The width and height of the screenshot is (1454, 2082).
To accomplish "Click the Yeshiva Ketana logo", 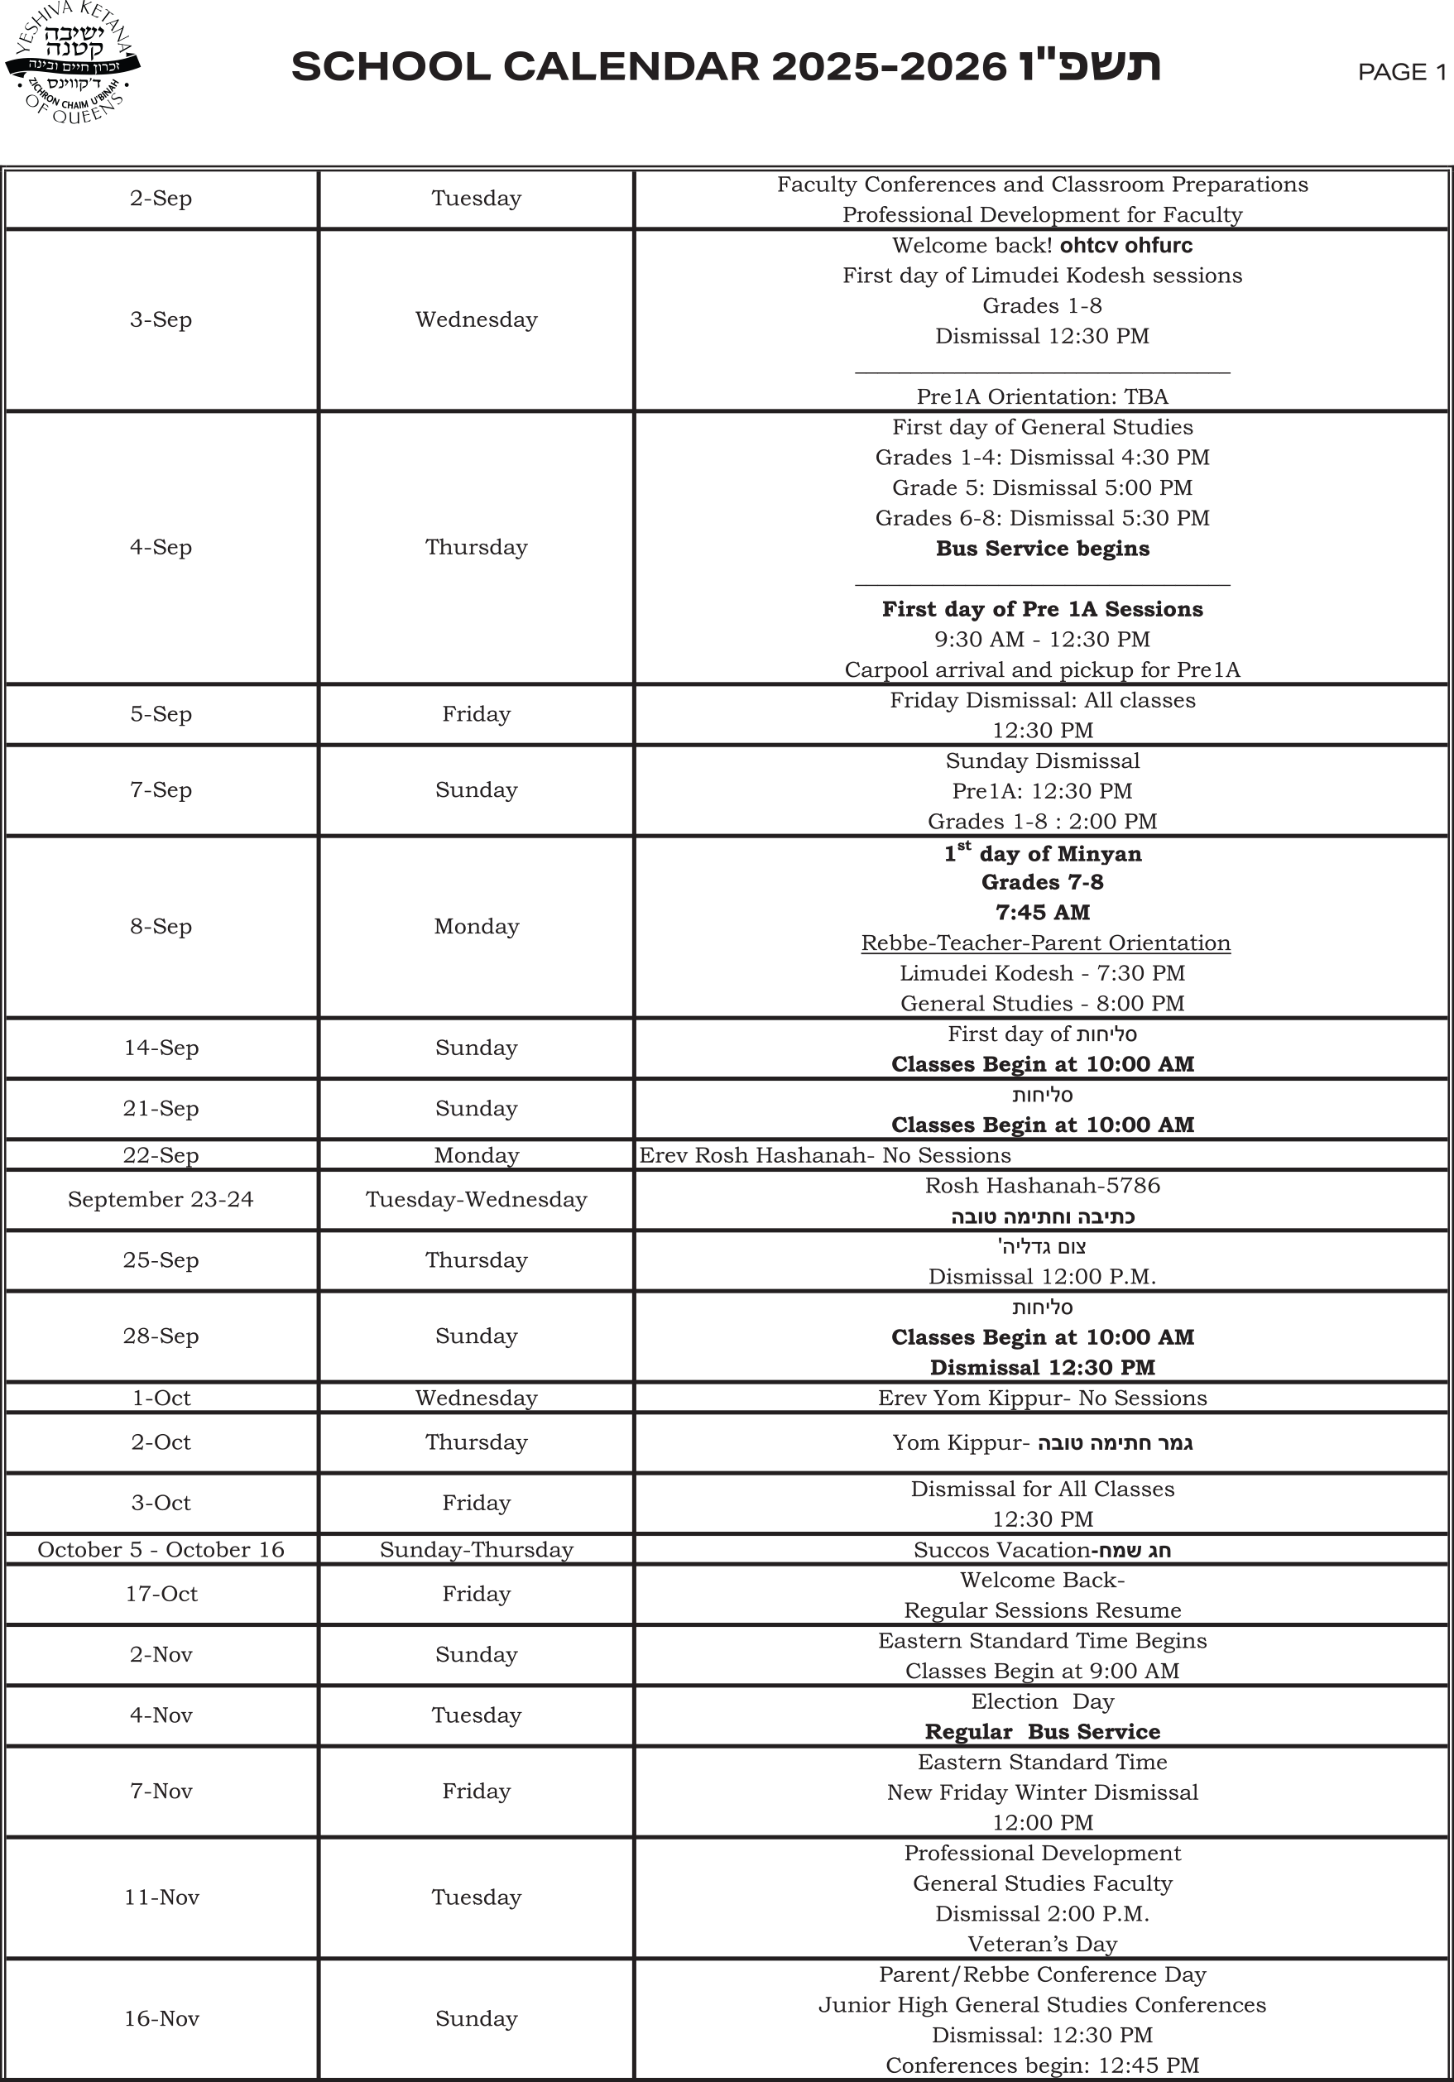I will point(73,64).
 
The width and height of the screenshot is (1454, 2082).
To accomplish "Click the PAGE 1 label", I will point(1401,73).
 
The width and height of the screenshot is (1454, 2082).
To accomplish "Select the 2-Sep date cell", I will point(161,199).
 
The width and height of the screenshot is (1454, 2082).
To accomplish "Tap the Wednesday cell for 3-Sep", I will point(476,320).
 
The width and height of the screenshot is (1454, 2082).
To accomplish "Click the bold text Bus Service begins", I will point(1042,549).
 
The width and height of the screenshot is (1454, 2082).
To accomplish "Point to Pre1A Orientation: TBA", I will point(1042,397).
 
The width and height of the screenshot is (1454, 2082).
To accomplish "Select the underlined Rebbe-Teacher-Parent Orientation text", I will point(1045,943).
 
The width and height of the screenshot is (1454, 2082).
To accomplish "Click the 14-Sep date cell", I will point(161,1048).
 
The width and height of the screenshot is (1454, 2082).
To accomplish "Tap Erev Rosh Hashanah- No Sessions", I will point(824,1155).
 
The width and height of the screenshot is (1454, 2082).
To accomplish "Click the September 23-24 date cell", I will point(161,1200).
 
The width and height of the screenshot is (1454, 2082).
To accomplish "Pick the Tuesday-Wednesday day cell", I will point(476,1200).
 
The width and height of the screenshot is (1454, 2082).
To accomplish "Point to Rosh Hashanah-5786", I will point(1042,1186).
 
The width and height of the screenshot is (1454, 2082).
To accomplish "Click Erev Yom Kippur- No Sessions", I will point(1042,1398).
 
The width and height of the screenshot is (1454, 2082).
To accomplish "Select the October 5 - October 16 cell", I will point(161,1550).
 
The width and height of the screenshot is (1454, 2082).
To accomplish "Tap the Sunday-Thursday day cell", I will point(476,1550).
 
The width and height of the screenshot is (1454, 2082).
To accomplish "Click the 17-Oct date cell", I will point(161,1594).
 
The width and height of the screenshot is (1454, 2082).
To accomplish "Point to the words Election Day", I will point(1042,1702).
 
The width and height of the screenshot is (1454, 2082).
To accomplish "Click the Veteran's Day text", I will point(1042,1944).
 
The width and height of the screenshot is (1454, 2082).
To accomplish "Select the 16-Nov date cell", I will point(161,2018).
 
